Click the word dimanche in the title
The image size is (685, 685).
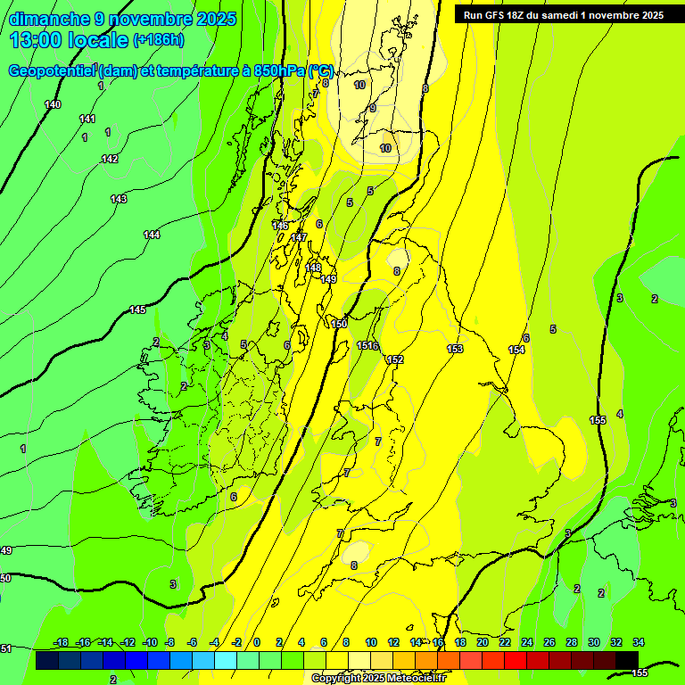(x=46, y=19)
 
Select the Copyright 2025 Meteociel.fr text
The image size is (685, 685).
(x=378, y=678)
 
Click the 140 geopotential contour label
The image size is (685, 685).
(x=53, y=105)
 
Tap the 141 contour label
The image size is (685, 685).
(x=87, y=119)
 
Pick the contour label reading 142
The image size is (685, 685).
(x=110, y=159)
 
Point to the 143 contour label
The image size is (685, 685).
(x=119, y=199)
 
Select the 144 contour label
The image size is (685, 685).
(x=152, y=235)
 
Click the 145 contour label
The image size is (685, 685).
(x=137, y=309)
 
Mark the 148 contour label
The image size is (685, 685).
(x=313, y=268)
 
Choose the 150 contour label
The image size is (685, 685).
(x=339, y=324)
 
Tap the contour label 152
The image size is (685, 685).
(x=395, y=359)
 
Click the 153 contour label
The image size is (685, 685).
(x=455, y=349)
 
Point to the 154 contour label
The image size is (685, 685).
(x=516, y=350)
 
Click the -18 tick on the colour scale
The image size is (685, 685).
(x=61, y=642)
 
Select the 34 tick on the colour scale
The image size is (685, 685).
(x=639, y=642)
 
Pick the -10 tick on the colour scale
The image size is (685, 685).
(x=150, y=642)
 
